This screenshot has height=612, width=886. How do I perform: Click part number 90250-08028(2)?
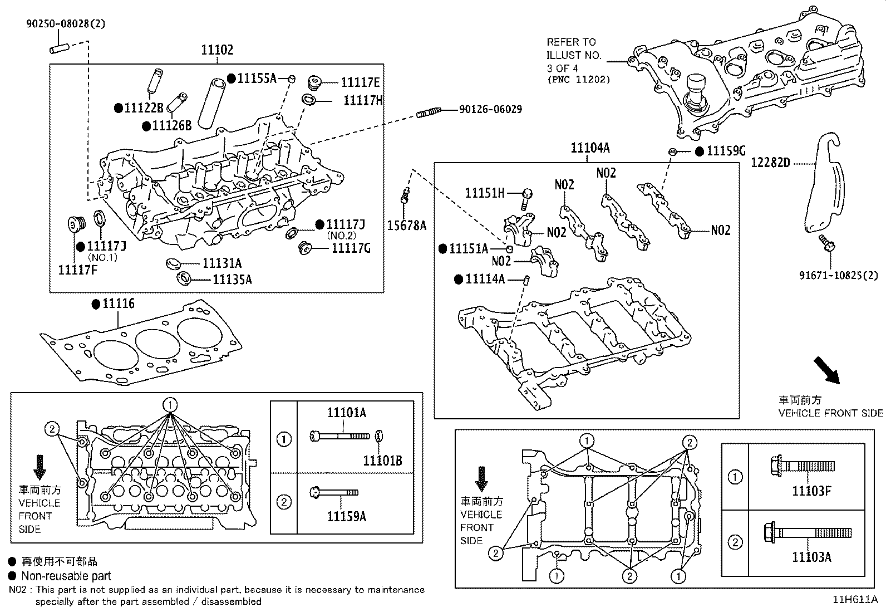tap(65, 24)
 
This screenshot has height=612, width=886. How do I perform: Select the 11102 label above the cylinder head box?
tap(217, 51)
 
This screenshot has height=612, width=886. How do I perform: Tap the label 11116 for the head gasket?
tap(119, 304)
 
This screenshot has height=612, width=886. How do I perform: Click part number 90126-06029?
tap(490, 110)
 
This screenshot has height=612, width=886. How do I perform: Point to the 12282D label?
tap(770, 163)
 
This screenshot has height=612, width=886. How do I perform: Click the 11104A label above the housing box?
tap(590, 148)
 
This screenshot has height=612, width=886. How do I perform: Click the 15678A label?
tap(406, 226)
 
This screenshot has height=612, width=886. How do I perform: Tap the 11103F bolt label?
tap(811, 491)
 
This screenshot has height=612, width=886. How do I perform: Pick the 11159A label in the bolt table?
tap(346, 517)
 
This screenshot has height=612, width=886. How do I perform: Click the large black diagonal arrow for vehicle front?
tap(826, 370)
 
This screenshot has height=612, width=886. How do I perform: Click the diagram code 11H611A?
tap(854, 600)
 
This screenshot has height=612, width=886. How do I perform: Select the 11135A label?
tap(232, 280)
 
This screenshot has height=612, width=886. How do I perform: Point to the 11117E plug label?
tap(360, 83)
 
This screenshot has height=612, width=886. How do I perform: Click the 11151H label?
tap(485, 193)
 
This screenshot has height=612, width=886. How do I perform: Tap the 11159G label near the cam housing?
tap(726, 151)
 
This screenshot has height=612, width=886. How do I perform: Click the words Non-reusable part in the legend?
tap(66, 576)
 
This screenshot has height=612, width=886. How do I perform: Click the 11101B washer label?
tap(382, 461)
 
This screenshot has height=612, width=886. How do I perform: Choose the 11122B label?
tap(144, 108)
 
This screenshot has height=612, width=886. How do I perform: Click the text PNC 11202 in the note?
tap(578, 80)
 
